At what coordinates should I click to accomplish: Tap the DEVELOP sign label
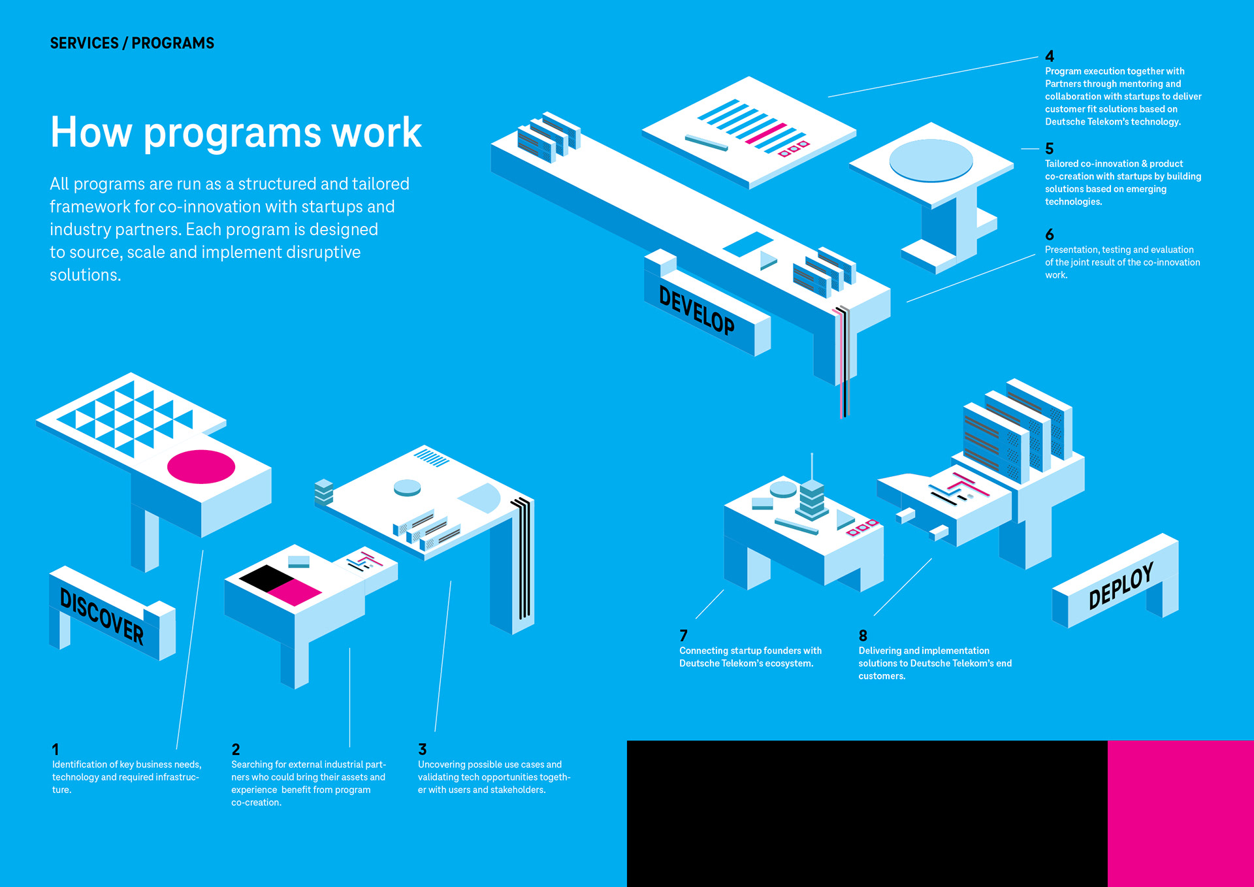click(696, 310)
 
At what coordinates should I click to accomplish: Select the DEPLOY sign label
click(1121, 585)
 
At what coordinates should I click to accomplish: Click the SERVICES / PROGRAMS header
click(132, 43)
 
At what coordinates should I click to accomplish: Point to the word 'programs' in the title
click(232, 133)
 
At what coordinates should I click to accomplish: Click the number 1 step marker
click(56, 749)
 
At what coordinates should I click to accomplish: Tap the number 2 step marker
click(236, 749)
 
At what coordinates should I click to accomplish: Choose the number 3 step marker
click(423, 749)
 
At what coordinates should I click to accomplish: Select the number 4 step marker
click(1050, 56)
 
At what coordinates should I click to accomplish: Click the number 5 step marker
click(1050, 149)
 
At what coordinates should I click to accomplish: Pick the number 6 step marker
click(1050, 234)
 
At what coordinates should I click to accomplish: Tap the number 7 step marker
click(684, 636)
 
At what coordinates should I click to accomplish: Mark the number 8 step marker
click(863, 636)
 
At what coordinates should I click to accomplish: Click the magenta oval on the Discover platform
click(201, 466)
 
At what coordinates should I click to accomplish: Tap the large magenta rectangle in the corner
click(1181, 813)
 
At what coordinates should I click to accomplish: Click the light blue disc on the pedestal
click(931, 159)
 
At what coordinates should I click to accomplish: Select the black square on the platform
click(267, 577)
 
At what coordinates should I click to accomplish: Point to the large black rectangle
click(867, 813)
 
